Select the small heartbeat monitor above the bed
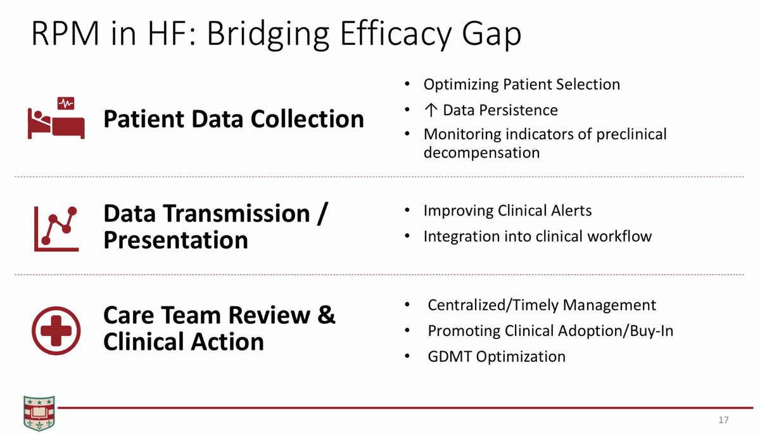[66, 103]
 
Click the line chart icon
[56, 228]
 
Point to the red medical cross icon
[56, 330]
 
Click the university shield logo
[39, 413]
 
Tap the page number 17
[723, 420]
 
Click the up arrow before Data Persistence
[431, 110]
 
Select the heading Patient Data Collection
[234, 119]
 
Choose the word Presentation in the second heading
[176, 240]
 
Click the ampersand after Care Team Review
[326, 314]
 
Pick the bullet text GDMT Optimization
[497, 356]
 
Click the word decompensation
[481, 153]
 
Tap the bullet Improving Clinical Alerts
[507, 211]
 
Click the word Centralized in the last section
[467, 305]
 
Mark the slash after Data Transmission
[322, 213]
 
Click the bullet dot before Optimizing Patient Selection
[407, 84]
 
